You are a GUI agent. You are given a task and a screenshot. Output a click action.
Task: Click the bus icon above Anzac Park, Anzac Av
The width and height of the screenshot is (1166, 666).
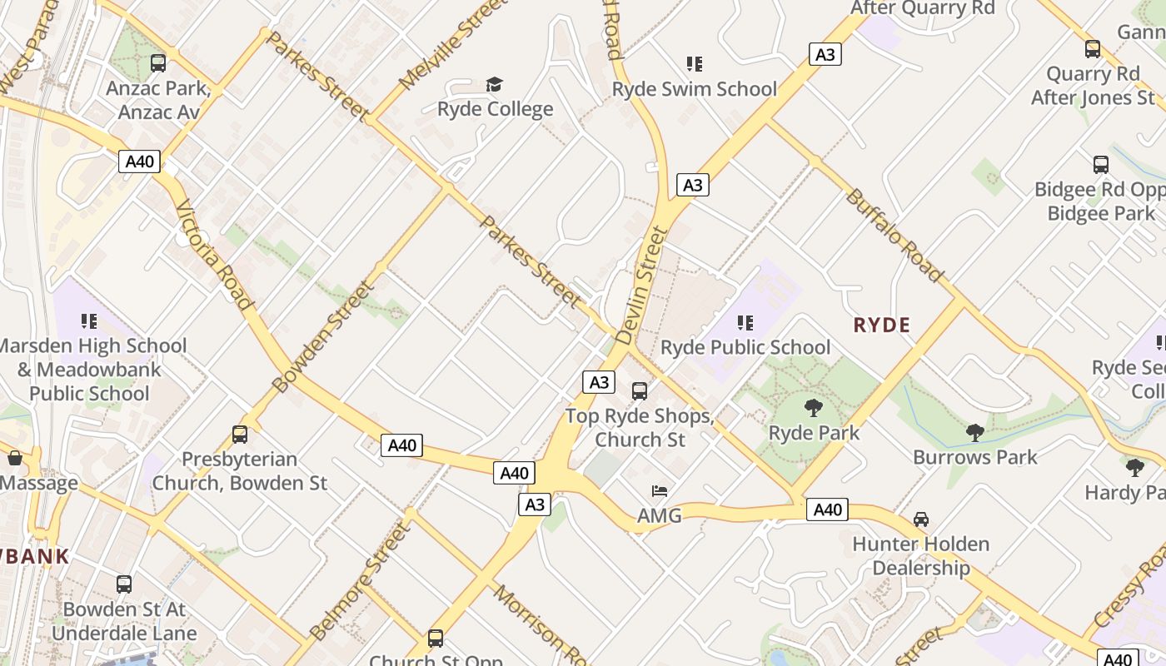click(157, 63)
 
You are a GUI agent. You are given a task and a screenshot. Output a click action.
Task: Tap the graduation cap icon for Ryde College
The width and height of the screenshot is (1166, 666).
click(495, 85)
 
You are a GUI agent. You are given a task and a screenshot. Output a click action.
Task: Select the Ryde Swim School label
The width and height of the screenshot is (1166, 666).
click(694, 89)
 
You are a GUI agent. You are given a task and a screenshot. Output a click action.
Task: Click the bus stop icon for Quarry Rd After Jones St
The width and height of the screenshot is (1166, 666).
click(1093, 49)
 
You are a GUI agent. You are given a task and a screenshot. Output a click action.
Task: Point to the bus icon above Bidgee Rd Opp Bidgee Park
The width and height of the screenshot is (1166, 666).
click(1101, 165)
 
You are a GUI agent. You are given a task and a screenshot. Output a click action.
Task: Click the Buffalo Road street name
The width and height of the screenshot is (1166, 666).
click(894, 236)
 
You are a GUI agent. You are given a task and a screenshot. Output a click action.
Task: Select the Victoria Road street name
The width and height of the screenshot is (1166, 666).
click(213, 255)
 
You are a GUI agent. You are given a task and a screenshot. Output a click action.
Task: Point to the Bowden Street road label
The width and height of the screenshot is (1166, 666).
click(323, 337)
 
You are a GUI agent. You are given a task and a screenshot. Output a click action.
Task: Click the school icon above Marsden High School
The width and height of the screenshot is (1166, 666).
click(90, 321)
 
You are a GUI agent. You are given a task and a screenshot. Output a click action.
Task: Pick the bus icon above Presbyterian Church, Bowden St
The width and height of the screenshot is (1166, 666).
click(240, 434)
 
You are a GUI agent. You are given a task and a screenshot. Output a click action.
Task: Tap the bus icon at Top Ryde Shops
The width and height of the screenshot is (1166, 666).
click(640, 390)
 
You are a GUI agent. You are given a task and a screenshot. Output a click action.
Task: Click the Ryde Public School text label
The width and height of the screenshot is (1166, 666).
click(745, 347)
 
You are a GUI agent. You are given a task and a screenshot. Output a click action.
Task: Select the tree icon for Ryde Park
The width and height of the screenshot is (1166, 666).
click(814, 408)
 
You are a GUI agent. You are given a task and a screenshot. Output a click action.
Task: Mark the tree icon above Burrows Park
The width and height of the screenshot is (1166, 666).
click(974, 432)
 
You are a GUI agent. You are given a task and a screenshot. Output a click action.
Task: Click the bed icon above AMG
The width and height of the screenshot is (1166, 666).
click(660, 491)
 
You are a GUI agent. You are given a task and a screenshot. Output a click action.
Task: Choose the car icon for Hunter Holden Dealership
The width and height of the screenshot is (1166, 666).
click(921, 519)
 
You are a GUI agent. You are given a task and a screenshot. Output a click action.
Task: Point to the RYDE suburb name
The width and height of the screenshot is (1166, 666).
click(881, 326)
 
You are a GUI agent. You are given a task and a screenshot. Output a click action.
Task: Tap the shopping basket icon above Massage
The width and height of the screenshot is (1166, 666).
click(15, 458)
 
